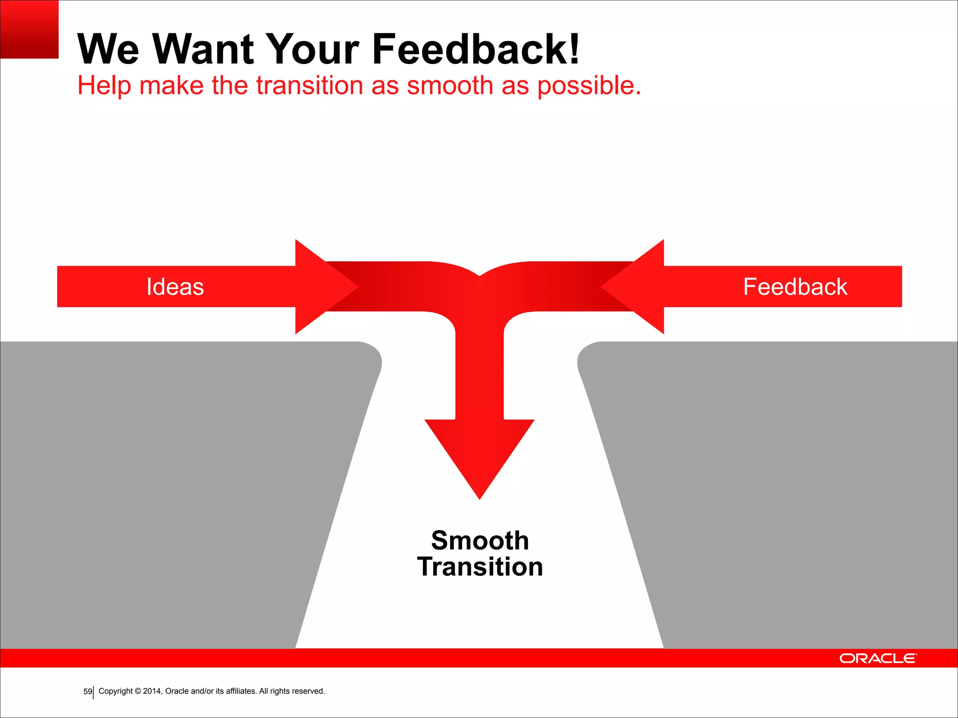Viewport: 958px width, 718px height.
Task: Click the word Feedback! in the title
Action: point(476,49)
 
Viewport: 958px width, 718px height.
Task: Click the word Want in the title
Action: point(203,49)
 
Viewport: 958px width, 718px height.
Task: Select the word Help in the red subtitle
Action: point(104,86)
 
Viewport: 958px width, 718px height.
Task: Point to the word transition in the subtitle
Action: point(309,86)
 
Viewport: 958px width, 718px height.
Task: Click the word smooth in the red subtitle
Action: point(450,86)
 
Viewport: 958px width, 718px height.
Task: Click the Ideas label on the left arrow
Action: point(175,287)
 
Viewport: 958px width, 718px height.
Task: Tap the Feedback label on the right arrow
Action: point(795,287)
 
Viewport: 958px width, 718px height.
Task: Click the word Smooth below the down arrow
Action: point(480,540)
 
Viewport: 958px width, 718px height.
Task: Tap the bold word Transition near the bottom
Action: point(480,567)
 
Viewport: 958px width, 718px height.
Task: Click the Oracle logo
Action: point(878,658)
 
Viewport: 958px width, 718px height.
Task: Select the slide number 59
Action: point(87,691)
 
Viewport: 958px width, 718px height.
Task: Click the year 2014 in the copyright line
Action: point(152,691)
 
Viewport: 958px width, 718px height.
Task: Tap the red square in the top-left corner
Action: point(29,29)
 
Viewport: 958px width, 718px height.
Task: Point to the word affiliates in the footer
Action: point(241,691)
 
